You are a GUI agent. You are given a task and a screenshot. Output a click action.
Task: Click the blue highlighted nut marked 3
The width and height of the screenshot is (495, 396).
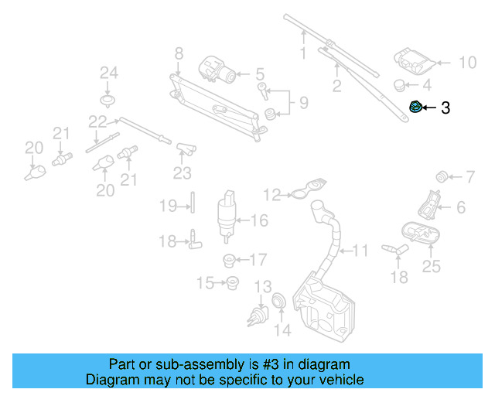click(x=416, y=108)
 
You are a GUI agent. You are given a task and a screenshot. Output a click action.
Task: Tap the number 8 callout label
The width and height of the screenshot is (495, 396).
click(x=179, y=53)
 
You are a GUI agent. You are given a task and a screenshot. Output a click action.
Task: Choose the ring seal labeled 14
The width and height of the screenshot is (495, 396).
click(x=279, y=302)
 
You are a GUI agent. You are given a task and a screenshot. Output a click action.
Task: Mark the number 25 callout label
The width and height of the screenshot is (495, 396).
click(x=431, y=267)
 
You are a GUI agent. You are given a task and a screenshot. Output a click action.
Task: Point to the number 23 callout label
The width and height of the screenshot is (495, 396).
click(x=182, y=173)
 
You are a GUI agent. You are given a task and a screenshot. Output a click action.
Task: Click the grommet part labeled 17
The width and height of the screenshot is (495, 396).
click(x=229, y=259)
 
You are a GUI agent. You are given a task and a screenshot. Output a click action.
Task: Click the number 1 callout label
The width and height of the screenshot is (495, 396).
click(x=303, y=53)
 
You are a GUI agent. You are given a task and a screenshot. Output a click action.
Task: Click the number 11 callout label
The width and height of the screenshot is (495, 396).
click(x=361, y=251)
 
